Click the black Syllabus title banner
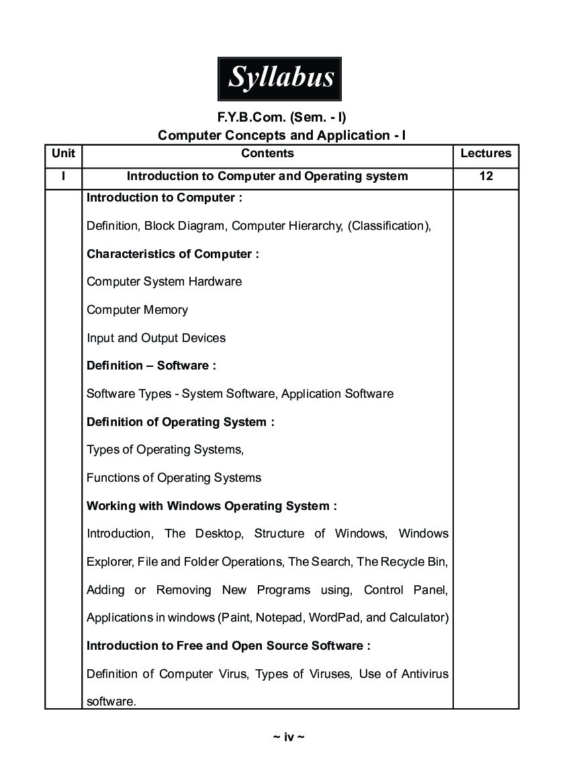tap(279, 79)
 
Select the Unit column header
tap(63, 153)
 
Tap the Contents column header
tap(267, 153)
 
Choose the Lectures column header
tap(485, 153)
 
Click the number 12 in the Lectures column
tap(485, 176)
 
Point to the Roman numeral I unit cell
tap(63, 176)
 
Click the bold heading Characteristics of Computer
tap(173, 254)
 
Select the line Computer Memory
tap(137, 310)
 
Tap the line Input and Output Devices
tap(156, 338)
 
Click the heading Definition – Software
tap(151, 366)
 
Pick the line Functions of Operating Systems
tap(174, 478)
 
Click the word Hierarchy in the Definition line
tap(316, 226)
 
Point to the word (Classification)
tap(389, 226)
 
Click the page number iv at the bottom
tap(289, 737)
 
